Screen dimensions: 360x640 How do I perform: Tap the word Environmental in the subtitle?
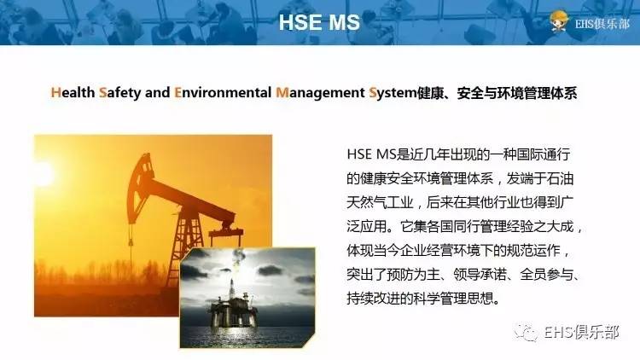pyautogui.click(x=222, y=93)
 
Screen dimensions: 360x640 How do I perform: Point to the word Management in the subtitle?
pyautogui.click(x=320, y=93)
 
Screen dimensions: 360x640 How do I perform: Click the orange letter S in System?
pyautogui.click(x=374, y=93)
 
